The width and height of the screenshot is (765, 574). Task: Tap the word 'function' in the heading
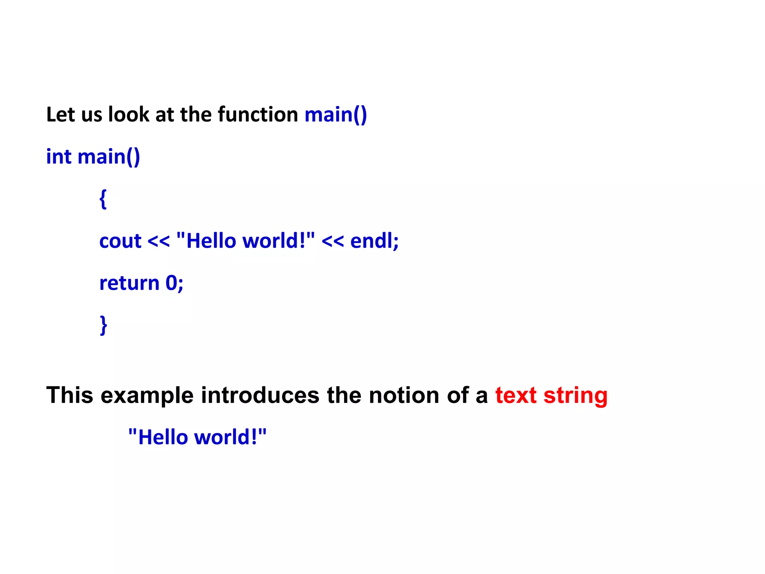(258, 114)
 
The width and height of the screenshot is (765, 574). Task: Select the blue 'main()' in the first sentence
(335, 114)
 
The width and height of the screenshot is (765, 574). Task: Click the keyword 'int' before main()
(59, 157)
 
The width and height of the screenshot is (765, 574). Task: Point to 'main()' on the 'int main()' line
(109, 157)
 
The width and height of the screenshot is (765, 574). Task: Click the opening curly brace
(103, 199)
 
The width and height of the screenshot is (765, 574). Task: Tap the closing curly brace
(103, 325)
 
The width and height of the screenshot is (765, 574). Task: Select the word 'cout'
(120, 241)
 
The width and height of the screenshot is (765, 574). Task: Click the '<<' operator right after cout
(158, 241)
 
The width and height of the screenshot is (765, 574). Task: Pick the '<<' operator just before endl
(332, 241)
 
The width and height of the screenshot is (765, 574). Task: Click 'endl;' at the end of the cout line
(374, 241)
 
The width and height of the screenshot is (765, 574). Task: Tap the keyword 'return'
(129, 283)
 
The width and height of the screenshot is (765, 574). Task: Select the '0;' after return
(174, 283)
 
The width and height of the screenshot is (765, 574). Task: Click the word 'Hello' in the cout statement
(211, 241)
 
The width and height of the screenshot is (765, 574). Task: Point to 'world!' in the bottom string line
(226, 437)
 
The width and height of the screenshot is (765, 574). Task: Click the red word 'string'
(575, 395)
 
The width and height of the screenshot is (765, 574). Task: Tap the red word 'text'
(516, 395)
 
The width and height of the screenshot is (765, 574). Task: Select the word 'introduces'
(260, 395)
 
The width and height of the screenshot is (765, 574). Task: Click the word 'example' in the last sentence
(147, 395)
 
